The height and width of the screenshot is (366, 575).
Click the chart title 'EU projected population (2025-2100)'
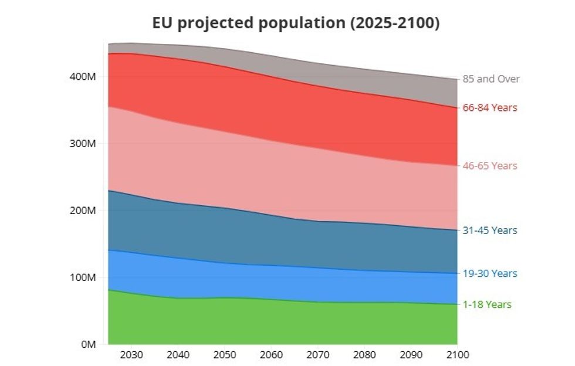pos(295,23)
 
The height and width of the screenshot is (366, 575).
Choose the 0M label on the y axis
pos(88,344)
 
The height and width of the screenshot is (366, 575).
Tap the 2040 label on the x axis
pos(178,355)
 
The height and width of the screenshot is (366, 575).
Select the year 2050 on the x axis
pos(224,355)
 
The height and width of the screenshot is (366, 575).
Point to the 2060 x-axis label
pos(271,355)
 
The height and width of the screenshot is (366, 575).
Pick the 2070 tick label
pos(317,355)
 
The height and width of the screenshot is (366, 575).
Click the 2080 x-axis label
pos(364,355)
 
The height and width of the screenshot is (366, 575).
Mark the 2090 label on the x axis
pos(411,355)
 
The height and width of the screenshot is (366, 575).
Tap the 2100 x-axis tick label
pos(458,355)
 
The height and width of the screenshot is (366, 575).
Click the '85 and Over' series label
pos(491,79)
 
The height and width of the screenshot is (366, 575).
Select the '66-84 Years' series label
pos(490,108)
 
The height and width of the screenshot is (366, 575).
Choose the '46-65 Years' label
pos(490,166)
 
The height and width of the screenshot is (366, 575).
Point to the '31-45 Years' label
pos(490,231)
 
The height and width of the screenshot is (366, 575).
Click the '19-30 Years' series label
pos(490,273)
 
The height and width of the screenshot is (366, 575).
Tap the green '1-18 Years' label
pos(487,304)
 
